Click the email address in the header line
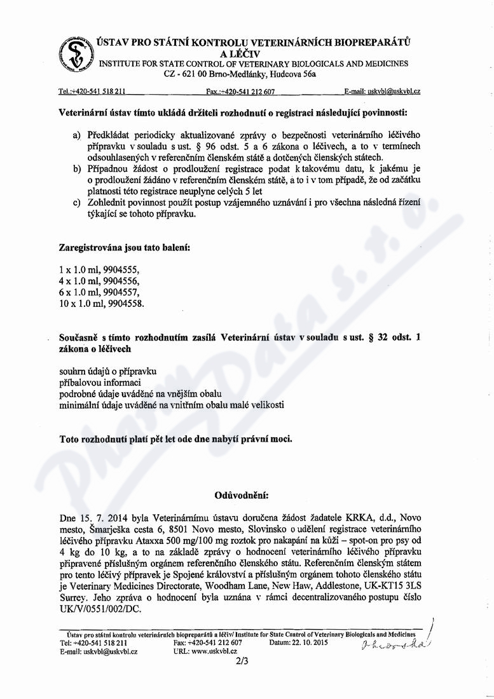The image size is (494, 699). pos(393,92)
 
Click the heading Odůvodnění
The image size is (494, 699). pos(243,494)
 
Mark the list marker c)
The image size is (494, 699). pos(76,203)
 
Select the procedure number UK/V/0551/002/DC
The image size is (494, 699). pos(97,608)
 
